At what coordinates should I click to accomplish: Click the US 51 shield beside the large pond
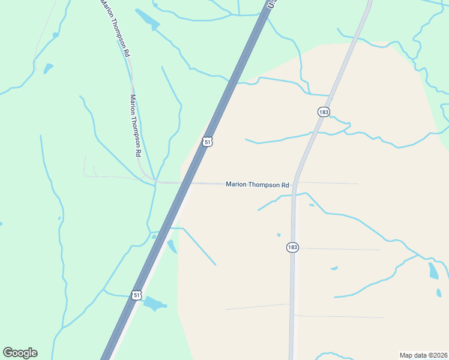pos(137,295)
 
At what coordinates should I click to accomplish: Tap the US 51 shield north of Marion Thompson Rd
pos(207,142)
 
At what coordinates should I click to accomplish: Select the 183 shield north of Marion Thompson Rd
pos(324,112)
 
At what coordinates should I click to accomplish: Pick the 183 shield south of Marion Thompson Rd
pos(292,247)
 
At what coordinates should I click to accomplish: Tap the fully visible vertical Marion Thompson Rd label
pos(136,125)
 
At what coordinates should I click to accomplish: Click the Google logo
pos(20,353)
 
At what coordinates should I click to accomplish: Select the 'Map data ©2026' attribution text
pos(423,355)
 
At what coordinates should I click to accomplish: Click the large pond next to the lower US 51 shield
pos(155,303)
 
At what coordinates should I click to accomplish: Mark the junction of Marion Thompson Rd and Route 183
pos(294,184)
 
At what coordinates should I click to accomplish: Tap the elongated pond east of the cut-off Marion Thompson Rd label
pos(148,19)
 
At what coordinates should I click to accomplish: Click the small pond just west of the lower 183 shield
pos(279,235)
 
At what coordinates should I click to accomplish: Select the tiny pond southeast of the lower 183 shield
pos(334,268)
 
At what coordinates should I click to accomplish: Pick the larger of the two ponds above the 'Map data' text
pos(433,271)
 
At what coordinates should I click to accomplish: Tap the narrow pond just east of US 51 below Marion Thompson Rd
pos(172,246)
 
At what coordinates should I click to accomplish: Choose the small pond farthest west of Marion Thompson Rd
pos(48,68)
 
